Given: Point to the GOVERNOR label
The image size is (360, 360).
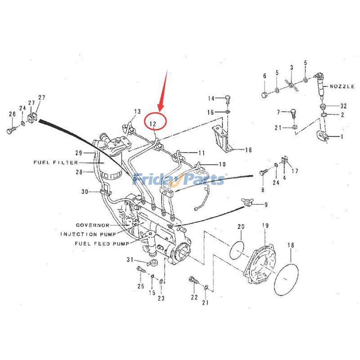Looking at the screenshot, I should coord(93,225).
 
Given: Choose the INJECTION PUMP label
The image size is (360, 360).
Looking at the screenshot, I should coord(88,234).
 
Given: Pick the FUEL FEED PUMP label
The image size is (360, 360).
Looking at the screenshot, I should coord(102,243).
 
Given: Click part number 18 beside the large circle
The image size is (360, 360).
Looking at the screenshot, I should coord(291,245).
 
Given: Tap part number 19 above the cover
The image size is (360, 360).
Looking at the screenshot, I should coord(265,225).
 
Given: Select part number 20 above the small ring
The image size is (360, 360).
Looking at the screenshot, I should coord(241,226).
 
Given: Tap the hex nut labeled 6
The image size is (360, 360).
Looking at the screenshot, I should coord(265,94).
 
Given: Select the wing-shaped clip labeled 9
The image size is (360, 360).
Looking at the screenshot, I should coord(247,205).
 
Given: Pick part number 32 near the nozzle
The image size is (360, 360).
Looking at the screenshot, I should coord(343,106).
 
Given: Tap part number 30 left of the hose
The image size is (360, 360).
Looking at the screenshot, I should coord(84,192).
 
